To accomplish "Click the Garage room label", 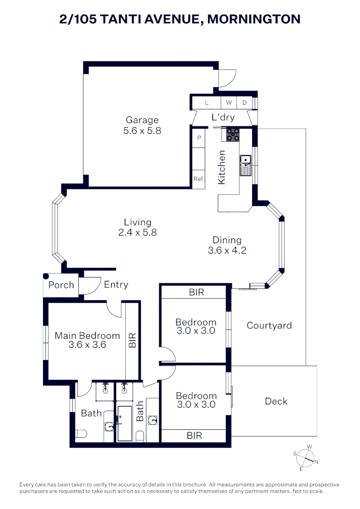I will [x=142, y=120].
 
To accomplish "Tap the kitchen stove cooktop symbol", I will [x=232, y=135].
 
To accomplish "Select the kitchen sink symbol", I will [x=245, y=165].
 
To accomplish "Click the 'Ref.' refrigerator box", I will [x=199, y=179].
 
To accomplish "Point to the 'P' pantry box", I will [x=199, y=138].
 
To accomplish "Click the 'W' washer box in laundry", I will [x=229, y=103].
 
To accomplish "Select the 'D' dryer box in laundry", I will [x=245, y=103].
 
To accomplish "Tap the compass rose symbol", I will [x=305, y=457].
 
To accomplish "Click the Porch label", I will [x=61, y=285].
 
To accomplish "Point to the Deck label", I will [x=276, y=401].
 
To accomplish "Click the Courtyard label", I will [x=269, y=325].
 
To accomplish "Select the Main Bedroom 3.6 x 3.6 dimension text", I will [x=87, y=345].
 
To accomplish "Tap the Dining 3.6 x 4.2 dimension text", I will [x=227, y=250].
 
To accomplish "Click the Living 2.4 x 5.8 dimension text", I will [x=138, y=232].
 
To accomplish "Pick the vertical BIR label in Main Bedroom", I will [x=132, y=340].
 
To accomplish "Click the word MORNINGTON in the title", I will [x=254, y=19].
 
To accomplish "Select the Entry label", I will [x=116, y=284].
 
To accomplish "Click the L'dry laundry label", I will [x=223, y=117].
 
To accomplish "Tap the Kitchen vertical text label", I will [x=221, y=167].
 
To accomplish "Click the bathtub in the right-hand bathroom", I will [x=125, y=423].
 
